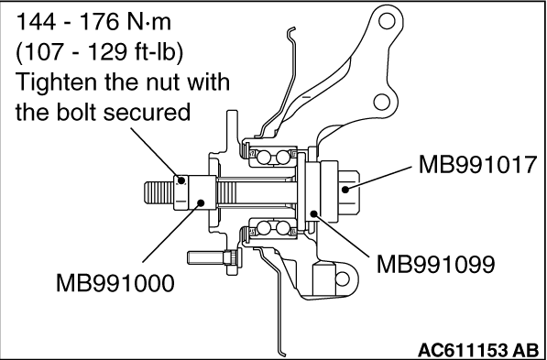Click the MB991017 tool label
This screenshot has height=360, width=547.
point(476,165)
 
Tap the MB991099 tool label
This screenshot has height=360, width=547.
point(436,264)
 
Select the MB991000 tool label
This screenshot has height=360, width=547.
point(115,283)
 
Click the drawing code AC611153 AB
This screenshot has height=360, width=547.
point(478,350)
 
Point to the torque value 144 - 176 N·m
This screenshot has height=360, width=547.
point(93,23)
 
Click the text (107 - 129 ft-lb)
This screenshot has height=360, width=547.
point(99,53)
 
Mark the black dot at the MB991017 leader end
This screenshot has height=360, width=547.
point(345,190)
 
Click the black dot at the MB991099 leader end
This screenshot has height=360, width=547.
point(314,213)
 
